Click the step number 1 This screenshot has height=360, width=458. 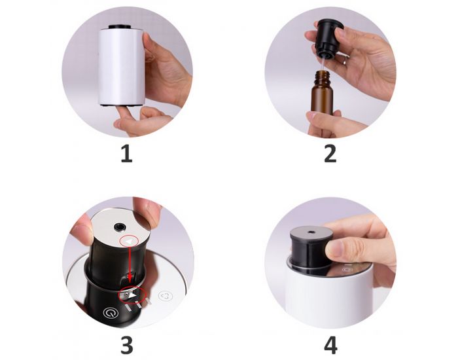tap(126, 154)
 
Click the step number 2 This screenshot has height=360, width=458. tap(330, 154)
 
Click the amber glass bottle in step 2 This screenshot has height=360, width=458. tap(323, 98)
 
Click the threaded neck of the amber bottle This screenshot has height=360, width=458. tap(322, 77)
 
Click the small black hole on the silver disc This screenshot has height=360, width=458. tap(120, 227)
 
